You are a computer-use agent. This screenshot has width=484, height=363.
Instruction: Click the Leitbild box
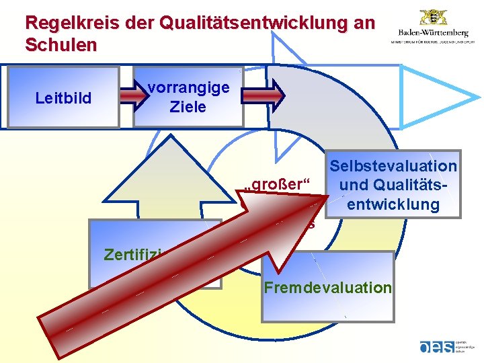63,97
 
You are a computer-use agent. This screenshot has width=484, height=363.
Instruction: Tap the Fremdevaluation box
327,288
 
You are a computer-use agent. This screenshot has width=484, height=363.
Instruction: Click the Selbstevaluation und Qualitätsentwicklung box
393,185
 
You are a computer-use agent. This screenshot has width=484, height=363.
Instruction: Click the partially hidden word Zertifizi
131,255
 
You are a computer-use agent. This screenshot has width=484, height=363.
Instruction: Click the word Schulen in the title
61,46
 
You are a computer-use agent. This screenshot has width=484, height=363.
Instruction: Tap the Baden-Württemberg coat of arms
433,16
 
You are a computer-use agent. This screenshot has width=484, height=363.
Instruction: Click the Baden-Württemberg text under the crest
433,32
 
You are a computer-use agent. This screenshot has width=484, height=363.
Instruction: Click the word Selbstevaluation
393,166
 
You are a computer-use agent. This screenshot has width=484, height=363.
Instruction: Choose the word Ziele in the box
188,106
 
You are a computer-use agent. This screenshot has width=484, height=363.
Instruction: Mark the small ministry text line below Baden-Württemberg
433,42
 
